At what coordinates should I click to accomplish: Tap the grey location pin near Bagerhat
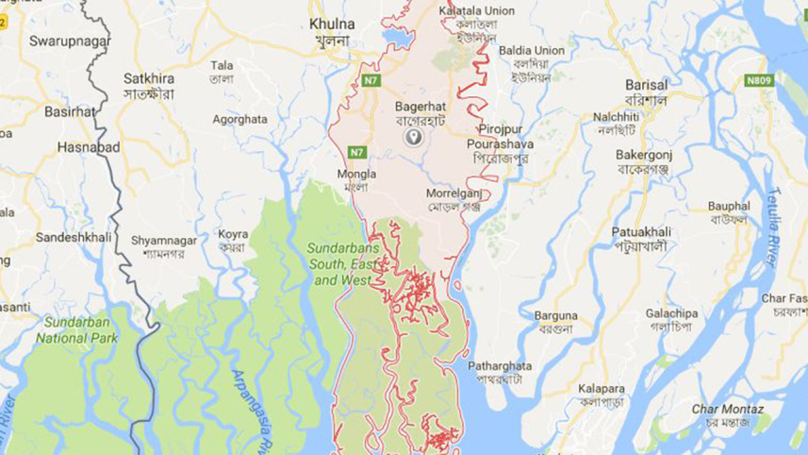pos(412,138)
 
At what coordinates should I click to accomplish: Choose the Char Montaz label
pos(728,409)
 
